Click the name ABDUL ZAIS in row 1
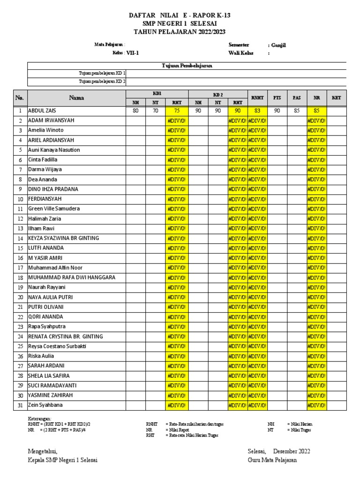(42, 111)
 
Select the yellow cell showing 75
(177, 111)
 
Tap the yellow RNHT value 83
(257, 111)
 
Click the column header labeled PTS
(277, 97)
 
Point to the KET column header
(336, 97)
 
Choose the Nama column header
(76, 97)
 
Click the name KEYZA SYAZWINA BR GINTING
(63, 238)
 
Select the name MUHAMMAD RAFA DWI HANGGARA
(71, 277)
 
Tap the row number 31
(20, 405)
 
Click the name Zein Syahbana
(45, 405)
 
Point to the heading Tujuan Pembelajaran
(187, 66)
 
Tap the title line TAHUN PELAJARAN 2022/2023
(180, 31)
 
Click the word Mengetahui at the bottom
(43, 451)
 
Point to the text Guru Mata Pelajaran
(272, 460)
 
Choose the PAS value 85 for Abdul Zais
(297, 111)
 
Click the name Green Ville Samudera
(54, 209)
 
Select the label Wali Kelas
(240, 53)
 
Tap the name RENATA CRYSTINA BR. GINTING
(65, 337)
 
